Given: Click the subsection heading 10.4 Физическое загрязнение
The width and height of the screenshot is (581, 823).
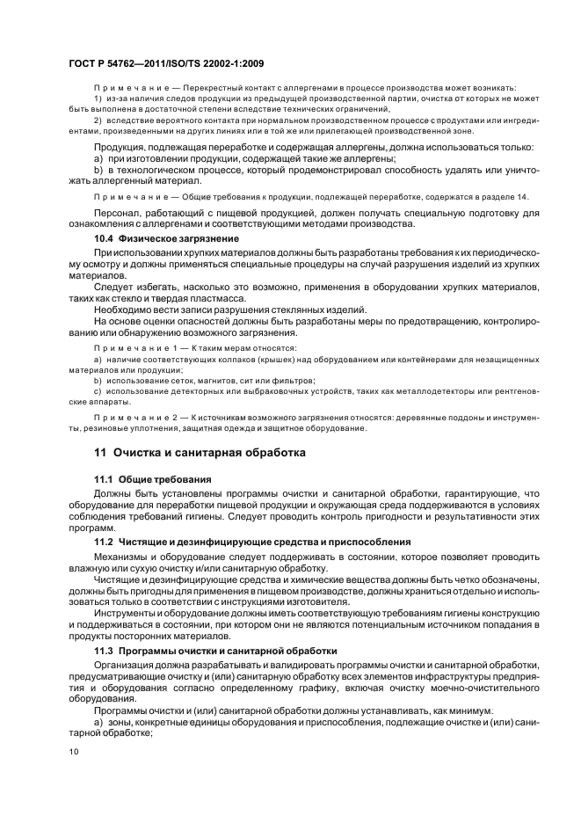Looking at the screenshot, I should click(x=166, y=239).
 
